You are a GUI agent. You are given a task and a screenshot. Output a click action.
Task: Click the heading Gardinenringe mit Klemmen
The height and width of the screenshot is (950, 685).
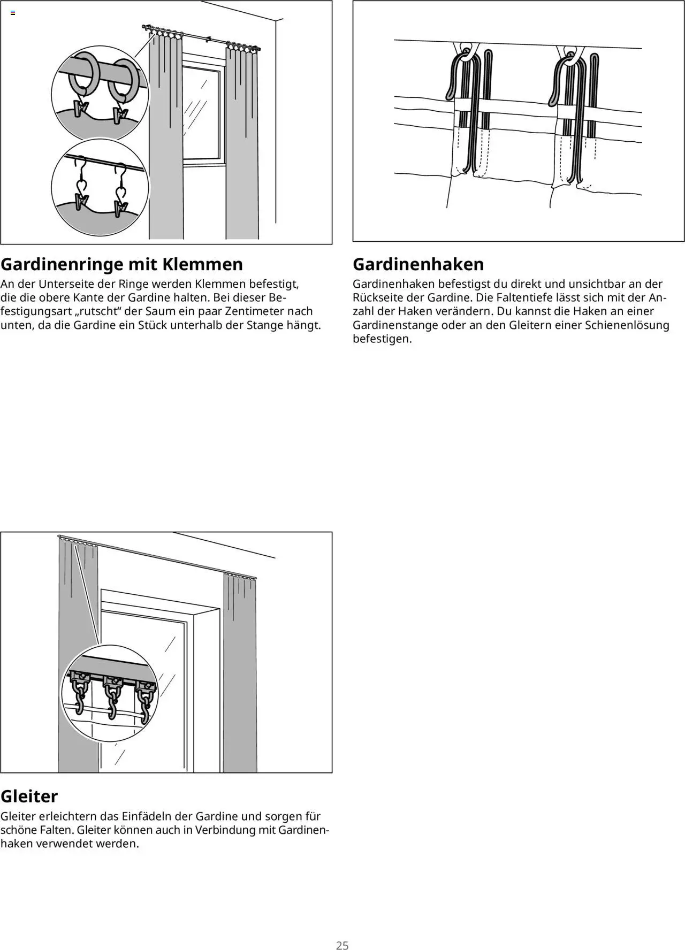point(121,264)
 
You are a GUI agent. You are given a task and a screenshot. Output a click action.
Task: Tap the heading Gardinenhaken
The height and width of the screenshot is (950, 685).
point(418,264)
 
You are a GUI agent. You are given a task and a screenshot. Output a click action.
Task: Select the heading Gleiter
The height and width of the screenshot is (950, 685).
point(29,796)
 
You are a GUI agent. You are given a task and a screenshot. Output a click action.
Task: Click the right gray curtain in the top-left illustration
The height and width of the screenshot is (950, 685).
point(242,144)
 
